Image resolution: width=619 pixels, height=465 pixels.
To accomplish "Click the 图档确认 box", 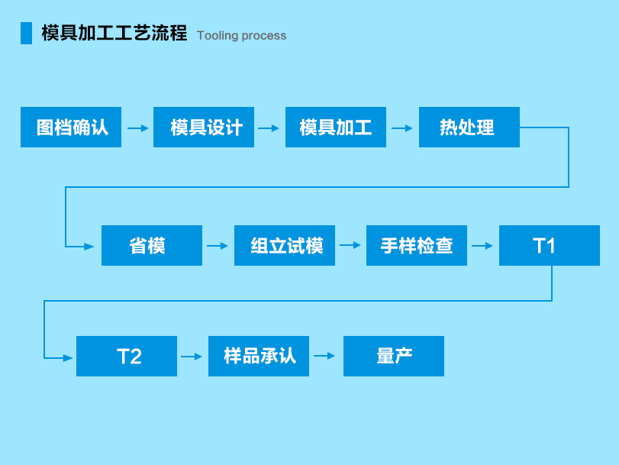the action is pyautogui.click(x=71, y=128).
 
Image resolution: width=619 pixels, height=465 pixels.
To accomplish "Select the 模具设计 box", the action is pyautogui.click(x=204, y=128).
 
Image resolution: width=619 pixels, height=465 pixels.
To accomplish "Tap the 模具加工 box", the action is pyautogui.click(x=336, y=128).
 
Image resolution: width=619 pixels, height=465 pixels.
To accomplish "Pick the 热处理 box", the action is pyautogui.click(x=469, y=128).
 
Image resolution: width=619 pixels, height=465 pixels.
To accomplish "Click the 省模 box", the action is pyautogui.click(x=152, y=245).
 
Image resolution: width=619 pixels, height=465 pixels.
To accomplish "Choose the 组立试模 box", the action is pyautogui.click(x=285, y=245).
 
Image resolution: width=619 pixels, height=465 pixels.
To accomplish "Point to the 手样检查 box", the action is pyautogui.click(x=417, y=245).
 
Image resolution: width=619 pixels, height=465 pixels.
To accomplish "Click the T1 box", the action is pyautogui.click(x=550, y=245).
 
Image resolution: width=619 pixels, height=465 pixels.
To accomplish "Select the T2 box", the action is pyautogui.click(x=127, y=356).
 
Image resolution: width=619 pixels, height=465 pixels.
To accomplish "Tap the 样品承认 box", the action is pyautogui.click(x=259, y=356).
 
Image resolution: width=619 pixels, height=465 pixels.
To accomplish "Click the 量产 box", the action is pyautogui.click(x=394, y=356).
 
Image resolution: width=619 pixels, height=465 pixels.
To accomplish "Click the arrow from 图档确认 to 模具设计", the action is pyautogui.click(x=138, y=128).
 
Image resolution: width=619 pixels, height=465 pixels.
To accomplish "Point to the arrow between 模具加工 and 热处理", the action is pyautogui.click(x=402, y=128).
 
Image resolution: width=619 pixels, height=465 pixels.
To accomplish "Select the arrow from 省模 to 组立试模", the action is pyautogui.click(x=218, y=246).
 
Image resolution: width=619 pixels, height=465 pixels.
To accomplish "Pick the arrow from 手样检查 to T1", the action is pyautogui.click(x=482, y=246).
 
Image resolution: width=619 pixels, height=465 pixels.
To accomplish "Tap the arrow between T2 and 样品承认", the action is pyautogui.click(x=192, y=357).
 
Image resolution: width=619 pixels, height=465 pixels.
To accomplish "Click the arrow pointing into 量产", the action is pyautogui.click(x=324, y=356).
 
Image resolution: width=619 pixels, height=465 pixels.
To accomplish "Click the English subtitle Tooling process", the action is pyautogui.click(x=242, y=36).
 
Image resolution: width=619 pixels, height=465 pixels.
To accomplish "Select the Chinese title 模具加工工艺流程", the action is pyautogui.click(x=114, y=33).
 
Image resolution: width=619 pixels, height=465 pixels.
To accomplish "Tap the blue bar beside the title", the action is pyautogui.click(x=26, y=33).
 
